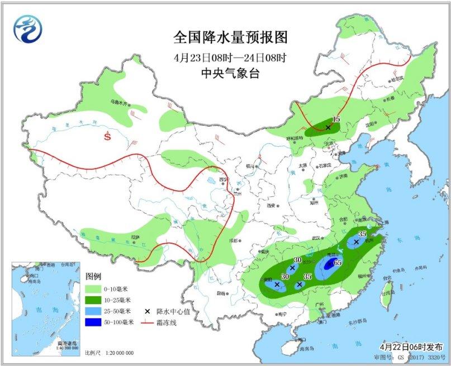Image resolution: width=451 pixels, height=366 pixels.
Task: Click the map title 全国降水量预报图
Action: click(x=230, y=37)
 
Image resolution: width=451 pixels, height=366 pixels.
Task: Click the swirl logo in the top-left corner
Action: click(x=28, y=28)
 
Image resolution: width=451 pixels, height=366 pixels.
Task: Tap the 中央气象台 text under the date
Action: click(x=230, y=73)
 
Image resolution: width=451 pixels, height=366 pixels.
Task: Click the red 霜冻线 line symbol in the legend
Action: click(x=147, y=322)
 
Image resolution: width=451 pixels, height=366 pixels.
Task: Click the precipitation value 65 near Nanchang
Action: click(x=338, y=262)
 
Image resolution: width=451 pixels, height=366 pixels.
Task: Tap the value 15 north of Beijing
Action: click(x=336, y=119)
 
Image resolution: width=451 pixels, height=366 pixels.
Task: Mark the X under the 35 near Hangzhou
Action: click(x=356, y=242)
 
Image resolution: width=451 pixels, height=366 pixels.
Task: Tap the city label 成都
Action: click(x=233, y=240)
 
